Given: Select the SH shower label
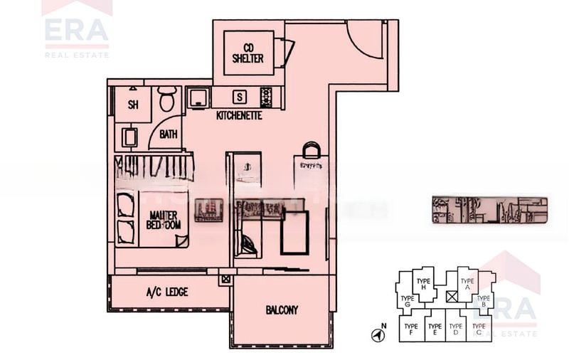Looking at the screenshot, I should click(x=133, y=105).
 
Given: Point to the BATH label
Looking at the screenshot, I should click(x=169, y=134).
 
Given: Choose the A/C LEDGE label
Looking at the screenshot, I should click(x=167, y=292).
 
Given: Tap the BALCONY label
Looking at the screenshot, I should click(x=282, y=310).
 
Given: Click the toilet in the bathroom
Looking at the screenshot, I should click(x=167, y=100).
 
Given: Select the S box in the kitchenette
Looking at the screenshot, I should click(x=240, y=97).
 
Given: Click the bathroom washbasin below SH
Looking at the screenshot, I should click(x=129, y=137).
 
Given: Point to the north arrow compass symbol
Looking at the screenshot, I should click(x=377, y=334).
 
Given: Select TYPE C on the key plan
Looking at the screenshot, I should click(x=479, y=329).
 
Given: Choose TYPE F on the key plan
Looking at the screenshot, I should click(x=410, y=329).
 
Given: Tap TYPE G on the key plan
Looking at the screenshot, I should click(x=407, y=302).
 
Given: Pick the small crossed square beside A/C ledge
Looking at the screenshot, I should click(x=225, y=280).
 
